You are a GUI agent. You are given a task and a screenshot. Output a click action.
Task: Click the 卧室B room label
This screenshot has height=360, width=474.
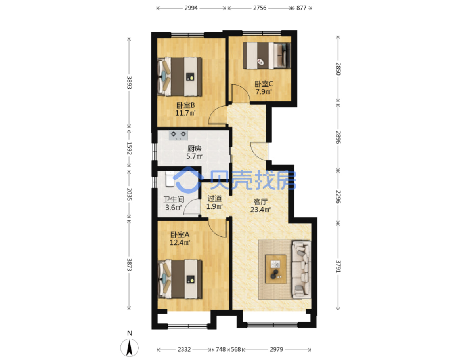pos(185,105)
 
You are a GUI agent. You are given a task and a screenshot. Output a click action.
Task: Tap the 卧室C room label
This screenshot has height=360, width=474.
pos(264,84)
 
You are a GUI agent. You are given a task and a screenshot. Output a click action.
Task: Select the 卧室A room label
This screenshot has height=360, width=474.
pos(180,235)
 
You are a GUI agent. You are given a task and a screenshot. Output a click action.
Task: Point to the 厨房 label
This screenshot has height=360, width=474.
pos(194,149)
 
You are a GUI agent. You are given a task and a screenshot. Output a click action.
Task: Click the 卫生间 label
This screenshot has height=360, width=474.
pos(174,200)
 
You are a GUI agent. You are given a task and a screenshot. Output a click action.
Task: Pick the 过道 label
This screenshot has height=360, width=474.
pos(214,198)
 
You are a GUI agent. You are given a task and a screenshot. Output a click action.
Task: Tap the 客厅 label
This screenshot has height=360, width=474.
pos(260,202)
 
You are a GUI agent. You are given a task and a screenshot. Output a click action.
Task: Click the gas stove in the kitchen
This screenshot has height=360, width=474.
pos(178,135)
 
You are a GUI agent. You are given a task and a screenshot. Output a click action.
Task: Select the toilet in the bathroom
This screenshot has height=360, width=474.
pos(170,179)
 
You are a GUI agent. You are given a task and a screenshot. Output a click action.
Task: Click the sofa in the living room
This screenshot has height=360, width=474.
pos(301,269)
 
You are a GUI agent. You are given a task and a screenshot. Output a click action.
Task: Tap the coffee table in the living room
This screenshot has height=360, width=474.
pos(276,269)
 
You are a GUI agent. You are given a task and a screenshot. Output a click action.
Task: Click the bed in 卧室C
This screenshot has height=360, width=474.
pos(267,55)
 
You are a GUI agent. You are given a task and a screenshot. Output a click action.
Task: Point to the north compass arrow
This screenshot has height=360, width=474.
pos(129,347)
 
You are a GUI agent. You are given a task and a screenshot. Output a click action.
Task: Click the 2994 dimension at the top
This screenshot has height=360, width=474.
pos(191,8)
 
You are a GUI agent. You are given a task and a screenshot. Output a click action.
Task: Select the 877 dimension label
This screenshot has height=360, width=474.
pos(301,8)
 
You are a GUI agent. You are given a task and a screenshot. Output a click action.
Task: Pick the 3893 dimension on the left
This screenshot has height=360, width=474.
pos(129,83)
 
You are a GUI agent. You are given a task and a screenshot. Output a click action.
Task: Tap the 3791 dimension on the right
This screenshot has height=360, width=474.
pos(338,267)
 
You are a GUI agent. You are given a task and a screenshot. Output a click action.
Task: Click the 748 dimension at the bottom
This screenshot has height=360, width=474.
pos(221,349)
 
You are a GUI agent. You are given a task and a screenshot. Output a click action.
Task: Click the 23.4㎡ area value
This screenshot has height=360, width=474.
pos(260,209)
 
